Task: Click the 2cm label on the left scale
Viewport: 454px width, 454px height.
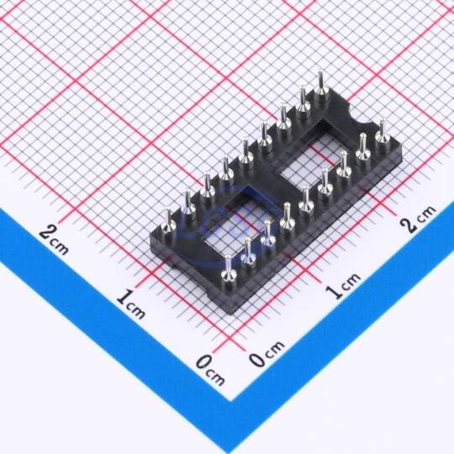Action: (x=54, y=240)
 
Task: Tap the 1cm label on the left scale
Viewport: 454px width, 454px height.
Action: (x=131, y=304)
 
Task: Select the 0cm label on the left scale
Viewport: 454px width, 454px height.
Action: (x=210, y=371)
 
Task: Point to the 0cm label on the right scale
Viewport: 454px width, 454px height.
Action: (x=267, y=354)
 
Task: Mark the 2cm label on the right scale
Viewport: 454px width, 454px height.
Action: (x=419, y=219)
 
